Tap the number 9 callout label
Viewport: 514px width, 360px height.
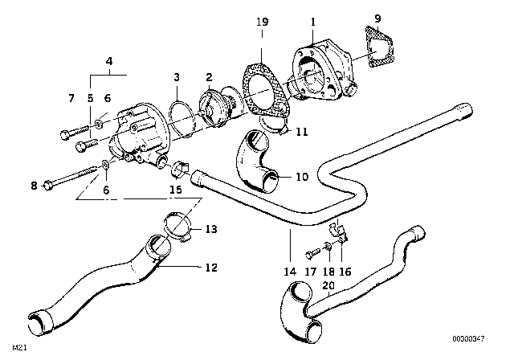click(x=378, y=15)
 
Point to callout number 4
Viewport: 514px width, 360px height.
click(x=108, y=59)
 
